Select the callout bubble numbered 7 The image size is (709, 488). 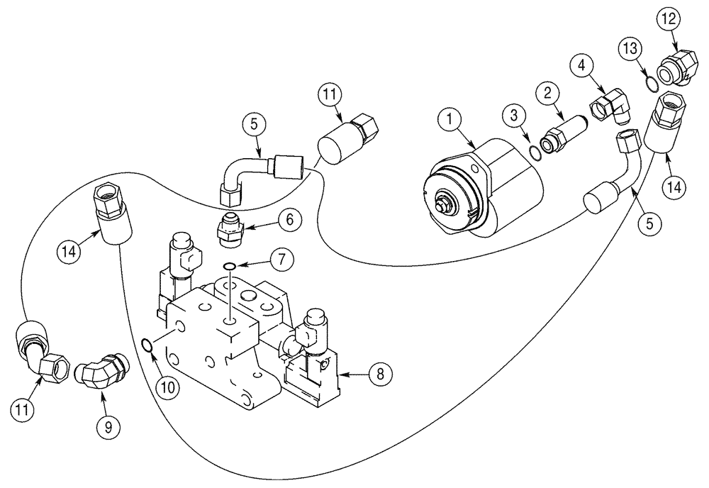point(281,260)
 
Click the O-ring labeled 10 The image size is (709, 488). point(146,345)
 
